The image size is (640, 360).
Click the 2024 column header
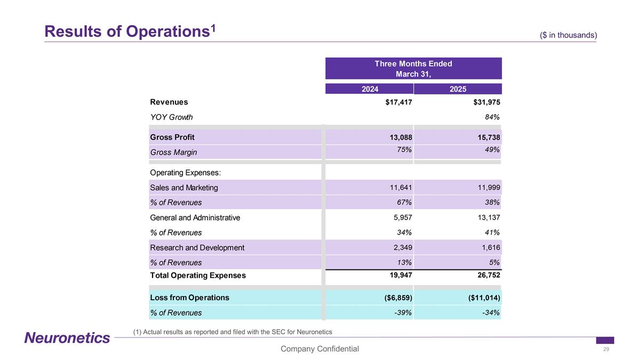(370, 89)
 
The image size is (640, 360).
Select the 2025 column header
(458, 89)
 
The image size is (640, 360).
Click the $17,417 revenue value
(398, 102)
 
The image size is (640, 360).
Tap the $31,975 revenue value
(483, 102)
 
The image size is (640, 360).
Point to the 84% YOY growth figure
(492, 117)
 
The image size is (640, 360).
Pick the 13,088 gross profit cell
(401, 137)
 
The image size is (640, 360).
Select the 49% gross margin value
(492, 150)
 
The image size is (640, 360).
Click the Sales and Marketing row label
(184, 188)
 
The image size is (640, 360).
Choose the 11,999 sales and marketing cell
(486, 188)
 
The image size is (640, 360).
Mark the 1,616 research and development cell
(489, 247)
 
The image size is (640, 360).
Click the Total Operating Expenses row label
(198, 276)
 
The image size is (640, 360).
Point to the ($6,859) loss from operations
(395, 298)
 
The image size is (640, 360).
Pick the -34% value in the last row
(490, 313)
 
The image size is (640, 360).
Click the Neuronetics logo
(67, 338)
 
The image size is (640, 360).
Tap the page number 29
(606, 349)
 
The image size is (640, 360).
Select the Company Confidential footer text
(320, 349)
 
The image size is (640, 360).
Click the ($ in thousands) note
(568, 35)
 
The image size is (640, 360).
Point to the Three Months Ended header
(413, 64)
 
